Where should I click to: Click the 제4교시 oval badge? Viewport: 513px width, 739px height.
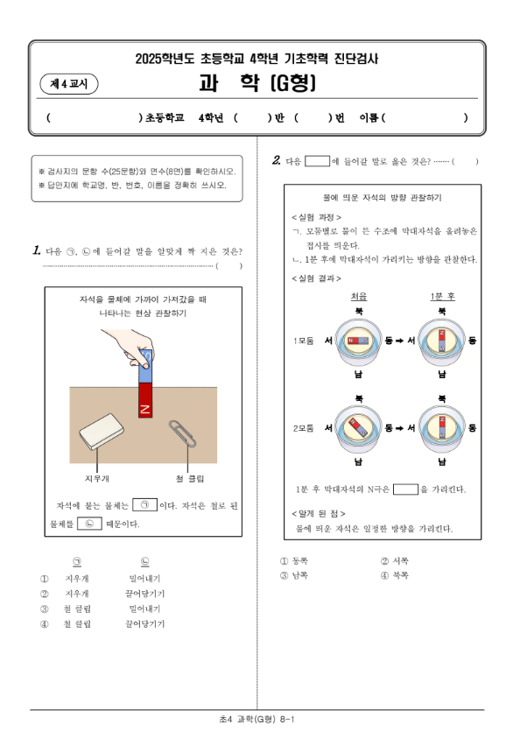69,84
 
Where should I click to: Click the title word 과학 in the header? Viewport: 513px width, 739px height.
229,83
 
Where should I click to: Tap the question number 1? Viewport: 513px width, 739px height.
37,250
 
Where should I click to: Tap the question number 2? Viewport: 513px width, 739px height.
277,160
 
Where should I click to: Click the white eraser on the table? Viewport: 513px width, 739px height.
102,432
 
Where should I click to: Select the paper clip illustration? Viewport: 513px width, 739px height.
183,433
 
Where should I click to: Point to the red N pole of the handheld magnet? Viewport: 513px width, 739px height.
145,400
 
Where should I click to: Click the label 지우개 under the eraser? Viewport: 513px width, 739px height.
97,478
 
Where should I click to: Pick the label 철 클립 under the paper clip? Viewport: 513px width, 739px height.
190,478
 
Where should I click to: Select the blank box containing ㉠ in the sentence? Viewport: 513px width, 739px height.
144,504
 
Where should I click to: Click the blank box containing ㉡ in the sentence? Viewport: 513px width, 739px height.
89,523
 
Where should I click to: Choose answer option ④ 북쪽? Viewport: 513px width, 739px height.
395,575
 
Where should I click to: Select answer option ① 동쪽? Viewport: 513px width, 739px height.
293,561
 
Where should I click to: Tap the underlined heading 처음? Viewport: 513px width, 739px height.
359,297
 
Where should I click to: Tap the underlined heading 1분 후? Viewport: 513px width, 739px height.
442,297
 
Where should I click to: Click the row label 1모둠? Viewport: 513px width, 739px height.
303,341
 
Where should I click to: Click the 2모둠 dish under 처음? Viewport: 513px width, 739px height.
359,429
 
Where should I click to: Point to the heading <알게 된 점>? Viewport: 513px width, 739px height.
319,513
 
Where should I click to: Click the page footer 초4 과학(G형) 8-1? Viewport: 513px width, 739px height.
256,719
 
